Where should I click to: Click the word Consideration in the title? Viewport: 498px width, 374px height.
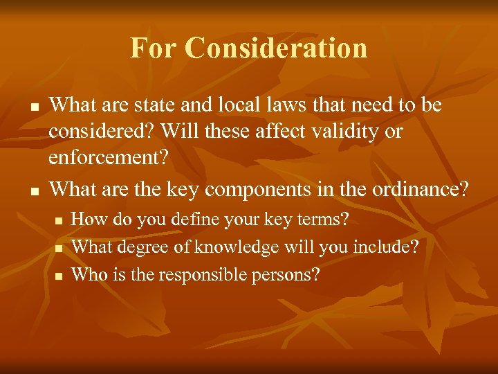pyautogui.click(x=277, y=48)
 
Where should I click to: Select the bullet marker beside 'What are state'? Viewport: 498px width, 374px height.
pyautogui.click(x=32, y=107)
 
